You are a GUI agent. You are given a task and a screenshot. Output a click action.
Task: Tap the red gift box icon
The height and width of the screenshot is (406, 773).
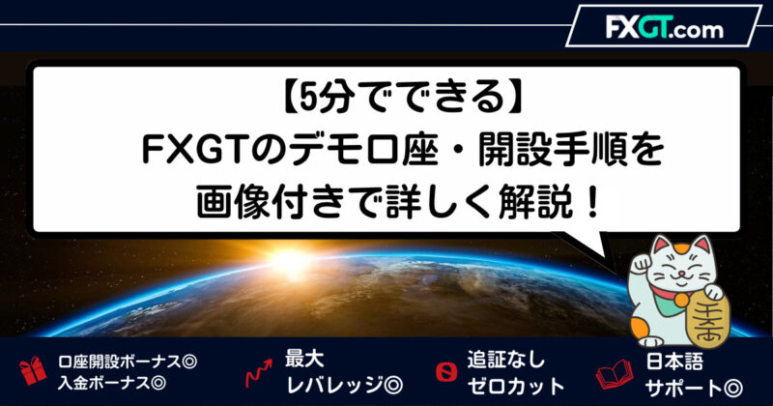point(33,371)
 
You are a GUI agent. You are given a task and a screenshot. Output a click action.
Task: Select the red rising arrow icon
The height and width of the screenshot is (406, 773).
point(259,373)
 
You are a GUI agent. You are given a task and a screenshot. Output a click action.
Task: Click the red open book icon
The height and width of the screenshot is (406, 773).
point(615,374)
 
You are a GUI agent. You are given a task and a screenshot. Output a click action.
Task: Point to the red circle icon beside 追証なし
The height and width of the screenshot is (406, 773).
point(446,372)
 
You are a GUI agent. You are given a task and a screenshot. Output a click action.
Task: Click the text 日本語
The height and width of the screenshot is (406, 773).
point(674,362)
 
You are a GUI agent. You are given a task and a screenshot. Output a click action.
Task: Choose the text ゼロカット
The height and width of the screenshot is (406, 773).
point(516,386)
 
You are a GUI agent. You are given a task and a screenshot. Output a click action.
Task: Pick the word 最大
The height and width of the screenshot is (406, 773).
point(304,359)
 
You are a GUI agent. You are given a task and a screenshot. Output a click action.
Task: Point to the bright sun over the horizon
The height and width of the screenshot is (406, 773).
point(290,260)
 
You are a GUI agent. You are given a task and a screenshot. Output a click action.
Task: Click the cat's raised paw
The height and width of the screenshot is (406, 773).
point(641,264)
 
